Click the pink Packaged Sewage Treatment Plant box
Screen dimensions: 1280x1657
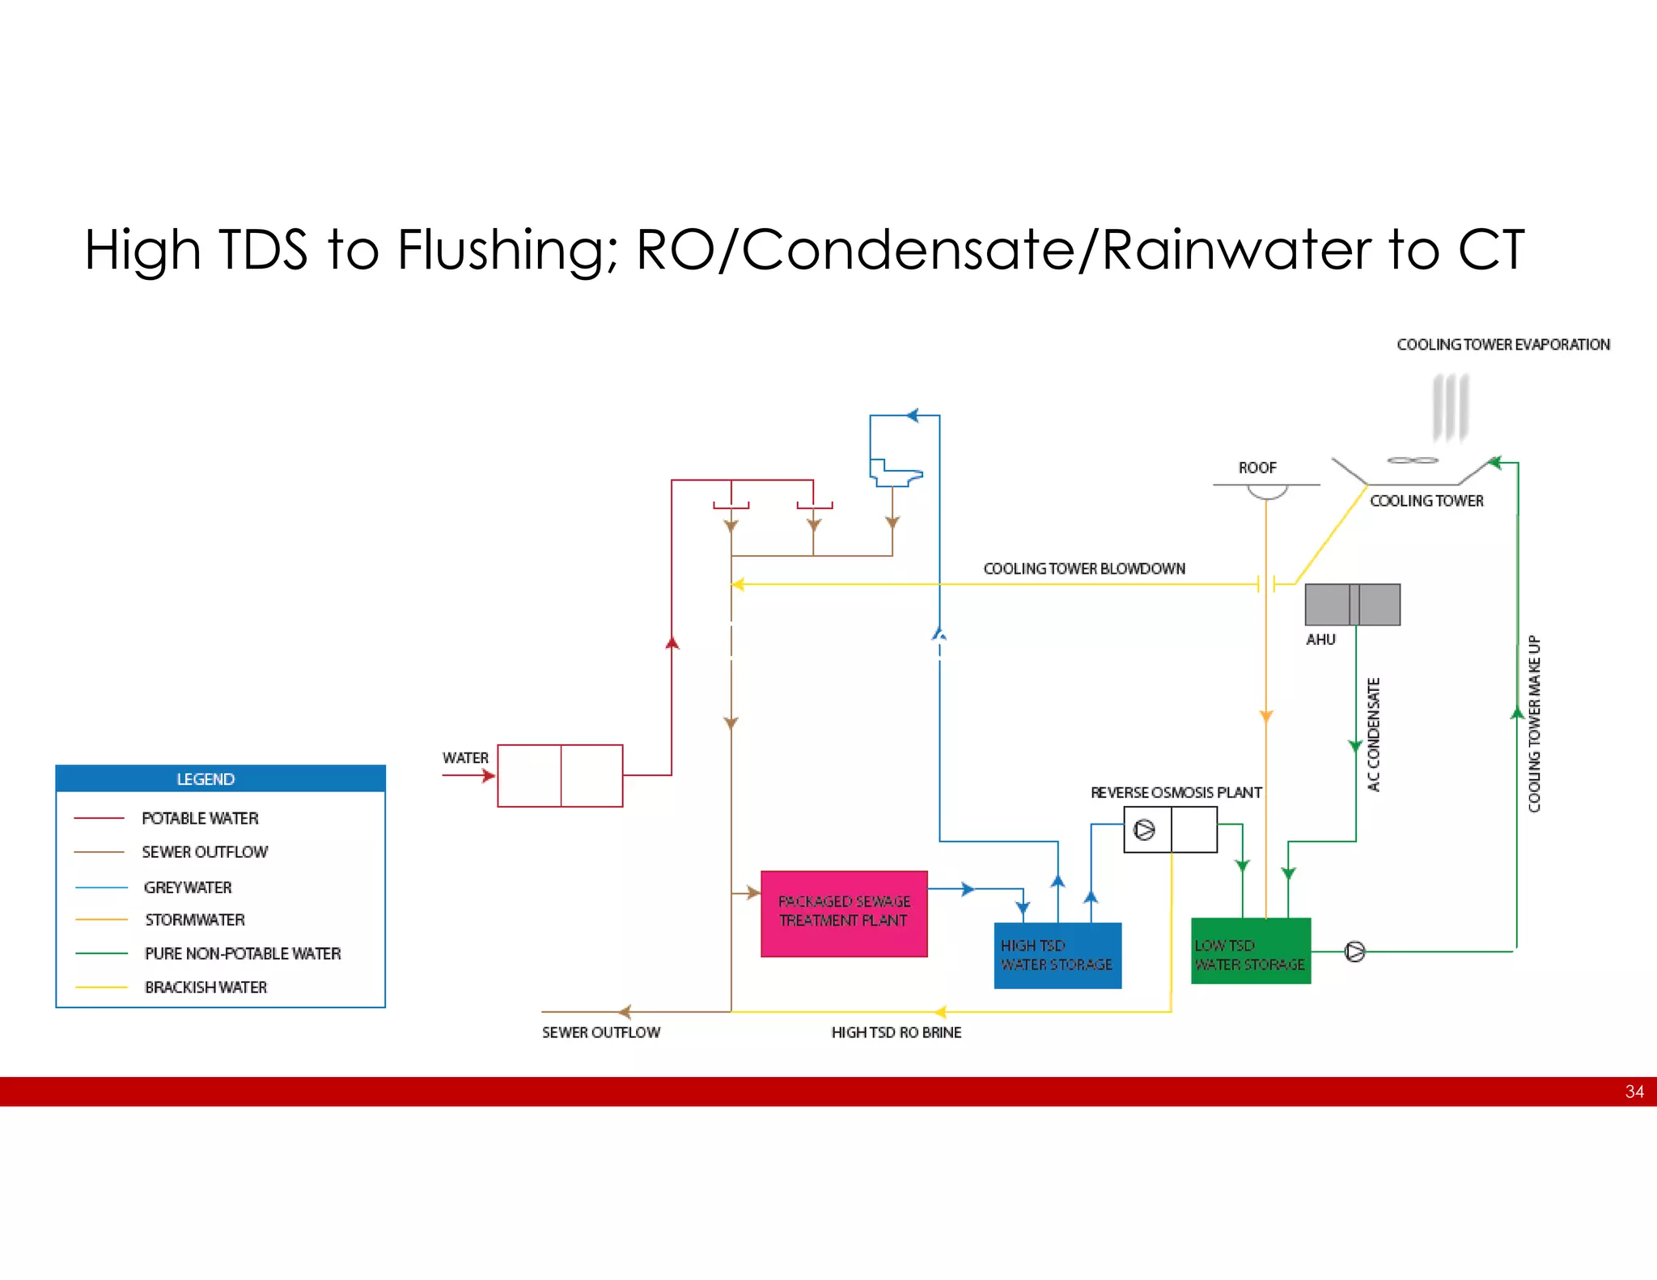point(843,913)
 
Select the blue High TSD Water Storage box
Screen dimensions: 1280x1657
point(1057,955)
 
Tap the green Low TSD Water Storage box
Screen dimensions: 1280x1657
point(1250,952)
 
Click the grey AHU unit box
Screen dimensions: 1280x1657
point(1352,604)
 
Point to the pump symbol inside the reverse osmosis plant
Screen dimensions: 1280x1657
point(1144,830)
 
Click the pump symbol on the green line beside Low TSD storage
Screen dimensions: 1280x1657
point(1354,952)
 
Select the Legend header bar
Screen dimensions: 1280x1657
point(220,778)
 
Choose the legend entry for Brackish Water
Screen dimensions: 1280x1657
point(206,987)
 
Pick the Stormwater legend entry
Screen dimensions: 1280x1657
point(194,920)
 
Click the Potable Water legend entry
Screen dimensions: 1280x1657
point(200,818)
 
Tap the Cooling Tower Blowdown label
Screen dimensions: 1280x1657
point(1084,569)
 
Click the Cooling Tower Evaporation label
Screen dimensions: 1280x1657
point(1502,345)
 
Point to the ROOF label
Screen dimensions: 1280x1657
point(1257,468)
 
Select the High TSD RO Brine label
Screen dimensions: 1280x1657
point(896,1032)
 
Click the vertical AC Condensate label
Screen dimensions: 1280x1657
point(1373,734)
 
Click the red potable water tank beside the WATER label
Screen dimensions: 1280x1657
point(560,775)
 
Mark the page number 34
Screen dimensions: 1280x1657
point(1634,1091)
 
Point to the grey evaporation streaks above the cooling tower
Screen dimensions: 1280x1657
point(1450,407)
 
